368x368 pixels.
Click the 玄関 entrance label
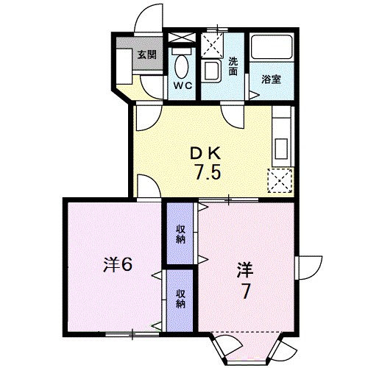(146, 54)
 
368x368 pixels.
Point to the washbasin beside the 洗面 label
(212, 72)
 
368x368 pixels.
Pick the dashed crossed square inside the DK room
(280, 180)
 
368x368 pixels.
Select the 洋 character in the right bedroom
(245, 268)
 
